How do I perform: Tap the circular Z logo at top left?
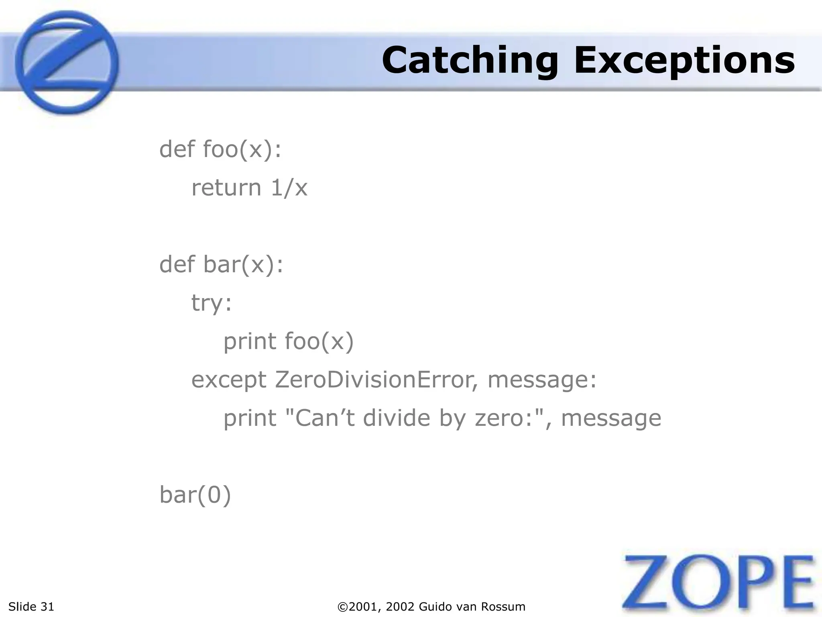(67, 63)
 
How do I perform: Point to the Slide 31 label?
(31, 607)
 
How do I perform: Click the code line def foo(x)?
(220, 149)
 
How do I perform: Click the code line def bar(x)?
(221, 265)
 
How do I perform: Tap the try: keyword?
(212, 303)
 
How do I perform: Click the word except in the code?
(229, 380)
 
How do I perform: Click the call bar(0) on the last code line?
(195, 495)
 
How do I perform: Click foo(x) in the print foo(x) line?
(319, 341)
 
